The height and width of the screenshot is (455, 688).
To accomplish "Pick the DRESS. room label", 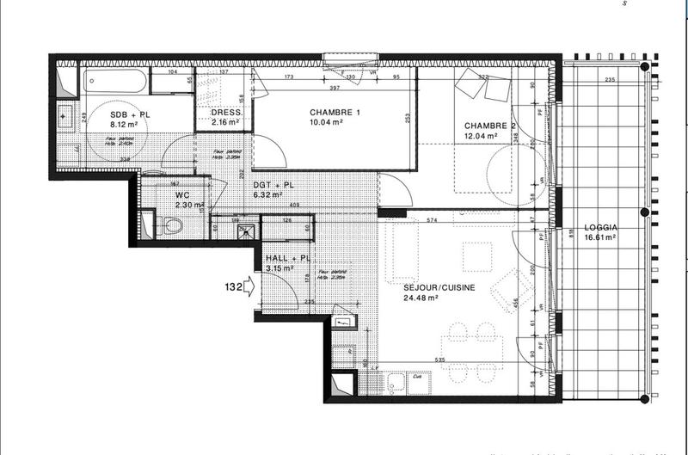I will [226, 113].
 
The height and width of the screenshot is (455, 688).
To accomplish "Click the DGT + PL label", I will [274, 184].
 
